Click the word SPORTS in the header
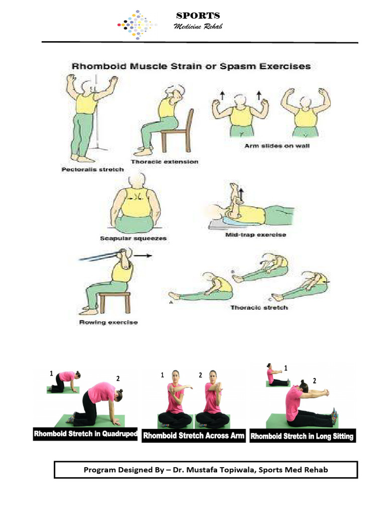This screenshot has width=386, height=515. (x=198, y=16)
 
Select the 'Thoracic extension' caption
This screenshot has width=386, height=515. (x=164, y=161)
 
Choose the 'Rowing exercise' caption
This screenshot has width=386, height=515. (x=108, y=322)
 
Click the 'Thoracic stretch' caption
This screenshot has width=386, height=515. (x=259, y=307)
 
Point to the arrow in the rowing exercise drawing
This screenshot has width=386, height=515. (x=144, y=255)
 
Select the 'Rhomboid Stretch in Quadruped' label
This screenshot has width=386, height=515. (x=85, y=434)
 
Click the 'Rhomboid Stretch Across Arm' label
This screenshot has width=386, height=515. (x=194, y=436)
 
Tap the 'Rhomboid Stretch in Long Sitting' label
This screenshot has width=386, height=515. (x=302, y=436)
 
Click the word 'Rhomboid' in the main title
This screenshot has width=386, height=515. (x=99, y=66)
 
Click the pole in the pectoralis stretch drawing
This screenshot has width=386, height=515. (x=96, y=126)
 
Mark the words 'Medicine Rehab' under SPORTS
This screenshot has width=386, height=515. (x=198, y=26)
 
